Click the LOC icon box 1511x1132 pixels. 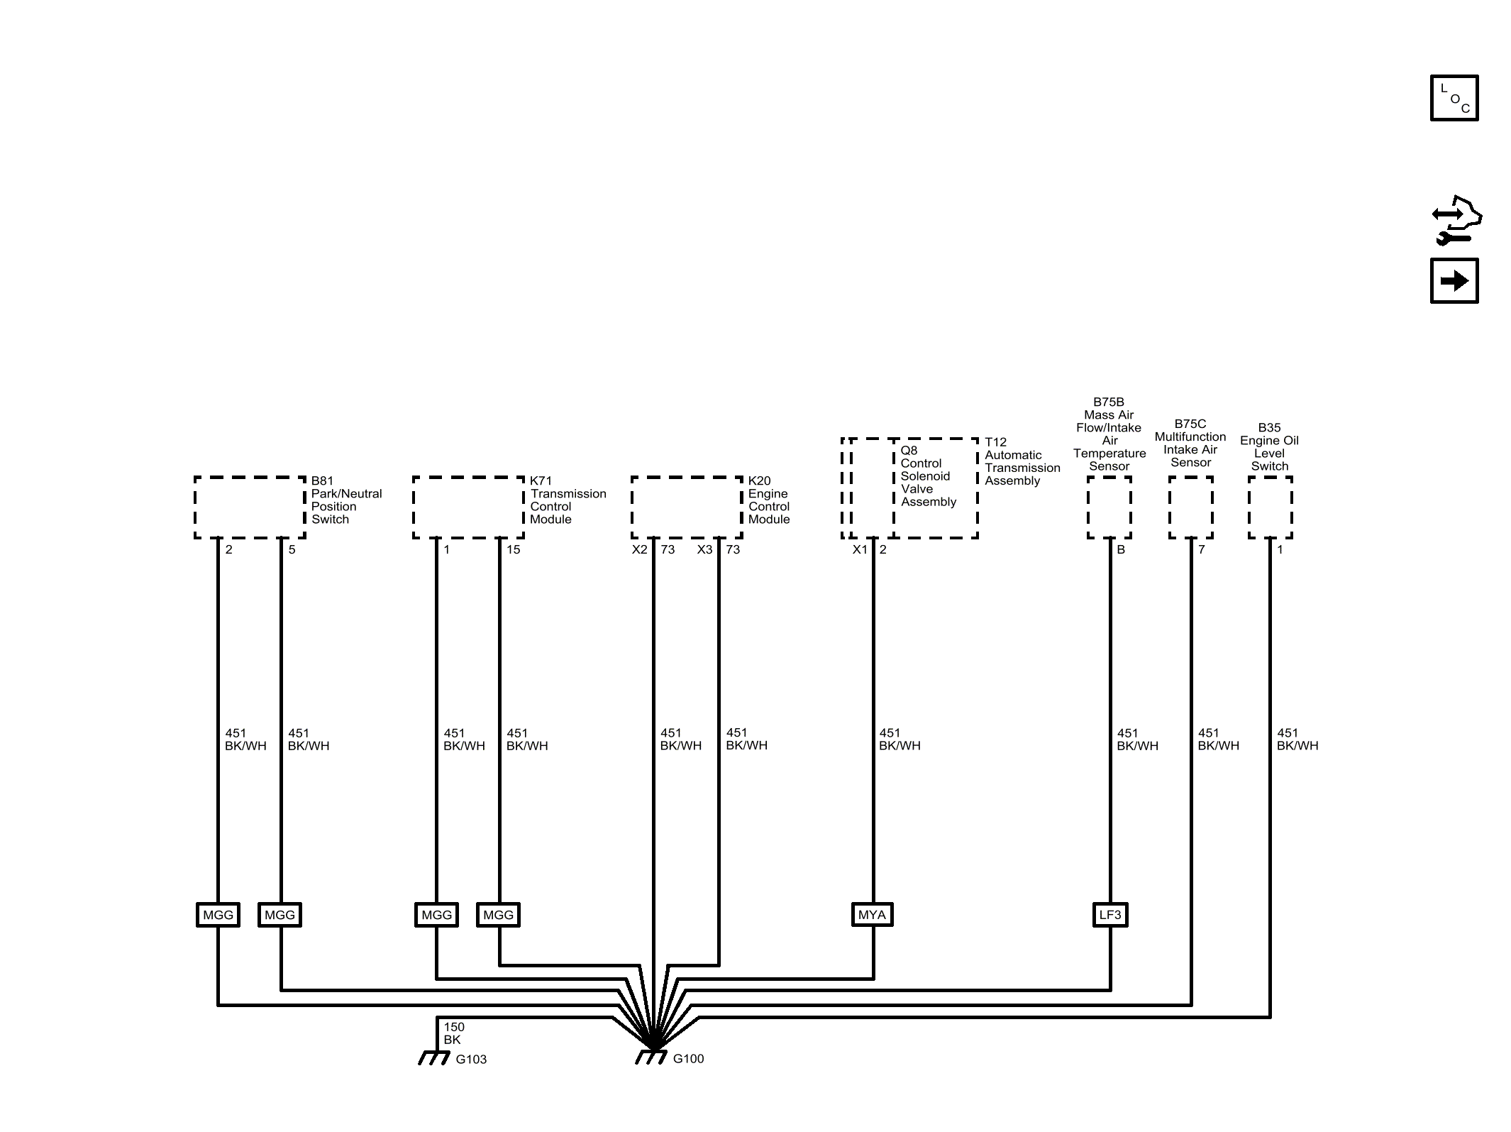point(1454,98)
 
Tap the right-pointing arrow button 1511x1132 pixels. point(1454,281)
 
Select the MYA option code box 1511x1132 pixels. point(872,915)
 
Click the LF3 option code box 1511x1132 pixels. point(1110,915)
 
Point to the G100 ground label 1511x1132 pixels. point(688,1059)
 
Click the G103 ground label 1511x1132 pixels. point(471,1060)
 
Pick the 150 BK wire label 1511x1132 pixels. point(454,1033)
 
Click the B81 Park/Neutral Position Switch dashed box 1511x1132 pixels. point(250,507)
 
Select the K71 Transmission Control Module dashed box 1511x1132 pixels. point(469,507)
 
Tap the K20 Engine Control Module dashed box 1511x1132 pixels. point(687,507)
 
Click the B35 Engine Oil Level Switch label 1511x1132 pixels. point(1269,447)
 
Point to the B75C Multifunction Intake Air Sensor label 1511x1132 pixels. point(1190,443)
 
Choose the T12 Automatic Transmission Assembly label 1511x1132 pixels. point(1022,461)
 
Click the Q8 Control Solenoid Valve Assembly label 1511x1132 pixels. point(929,476)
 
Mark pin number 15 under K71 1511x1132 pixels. point(513,549)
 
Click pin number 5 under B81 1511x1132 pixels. point(292,549)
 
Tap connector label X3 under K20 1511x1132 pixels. point(704,549)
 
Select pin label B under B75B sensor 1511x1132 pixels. point(1121,549)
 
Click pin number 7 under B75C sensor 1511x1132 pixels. point(1202,549)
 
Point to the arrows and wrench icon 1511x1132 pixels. point(1456,220)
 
